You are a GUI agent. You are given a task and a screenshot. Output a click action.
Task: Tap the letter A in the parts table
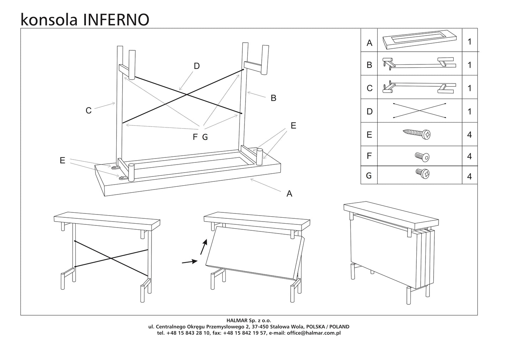click(x=369, y=43)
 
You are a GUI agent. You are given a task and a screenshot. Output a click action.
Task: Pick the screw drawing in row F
click(x=422, y=157)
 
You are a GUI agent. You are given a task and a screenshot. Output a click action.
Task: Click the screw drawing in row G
click(x=422, y=173)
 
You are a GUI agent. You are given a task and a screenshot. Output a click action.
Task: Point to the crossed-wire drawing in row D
click(x=419, y=111)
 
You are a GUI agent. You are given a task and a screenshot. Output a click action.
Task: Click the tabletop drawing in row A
click(x=419, y=39)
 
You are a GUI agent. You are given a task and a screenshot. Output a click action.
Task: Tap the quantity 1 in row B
click(x=469, y=65)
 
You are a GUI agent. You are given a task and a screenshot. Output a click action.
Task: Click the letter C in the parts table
click(x=369, y=88)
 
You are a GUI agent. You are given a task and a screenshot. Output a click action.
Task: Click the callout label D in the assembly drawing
click(x=197, y=66)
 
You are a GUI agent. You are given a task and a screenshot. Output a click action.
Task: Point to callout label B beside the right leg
click(x=273, y=98)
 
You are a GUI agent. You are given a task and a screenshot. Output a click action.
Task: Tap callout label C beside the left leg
click(x=89, y=111)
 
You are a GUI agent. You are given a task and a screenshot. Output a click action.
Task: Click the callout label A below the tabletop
click(x=289, y=193)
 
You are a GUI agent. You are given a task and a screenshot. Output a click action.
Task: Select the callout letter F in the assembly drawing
click(x=195, y=137)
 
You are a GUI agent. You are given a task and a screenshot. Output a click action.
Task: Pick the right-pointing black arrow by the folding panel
click(x=189, y=262)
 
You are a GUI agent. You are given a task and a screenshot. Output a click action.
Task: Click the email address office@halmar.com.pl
click(x=314, y=333)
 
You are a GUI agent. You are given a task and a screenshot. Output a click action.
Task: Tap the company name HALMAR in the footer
click(x=237, y=321)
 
